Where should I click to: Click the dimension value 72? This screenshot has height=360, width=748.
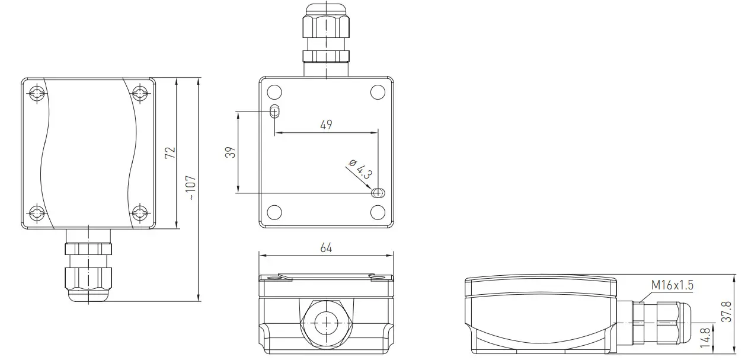click(171, 152)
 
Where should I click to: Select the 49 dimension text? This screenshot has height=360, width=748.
click(326, 125)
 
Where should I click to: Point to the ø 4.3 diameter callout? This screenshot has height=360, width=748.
click(360, 169)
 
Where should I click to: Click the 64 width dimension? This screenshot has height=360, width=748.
click(326, 248)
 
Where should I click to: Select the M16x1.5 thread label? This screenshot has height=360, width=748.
click(672, 285)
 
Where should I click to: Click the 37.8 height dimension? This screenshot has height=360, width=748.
click(727, 312)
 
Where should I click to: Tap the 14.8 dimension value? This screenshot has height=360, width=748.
click(705, 337)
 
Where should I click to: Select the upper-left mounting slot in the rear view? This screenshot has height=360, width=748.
click(274, 111)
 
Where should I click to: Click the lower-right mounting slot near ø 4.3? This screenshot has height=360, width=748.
click(378, 193)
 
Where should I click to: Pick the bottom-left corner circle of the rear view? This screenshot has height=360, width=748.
click(274, 212)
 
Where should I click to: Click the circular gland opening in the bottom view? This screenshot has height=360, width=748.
click(326, 323)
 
